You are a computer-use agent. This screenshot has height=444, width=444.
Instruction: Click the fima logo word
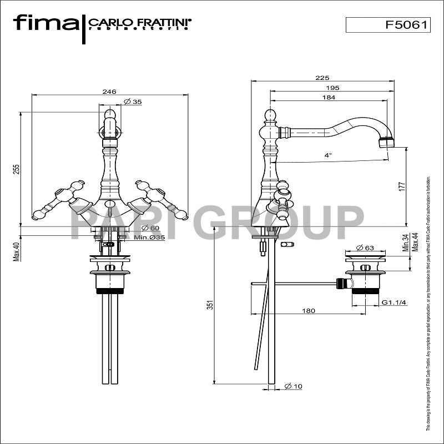tap(46, 23)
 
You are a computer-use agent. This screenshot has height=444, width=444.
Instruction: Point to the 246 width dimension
tap(109, 92)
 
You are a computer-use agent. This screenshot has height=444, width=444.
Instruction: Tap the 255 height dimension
tap(17, 168)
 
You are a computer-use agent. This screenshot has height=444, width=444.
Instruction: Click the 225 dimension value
tap(322, 78)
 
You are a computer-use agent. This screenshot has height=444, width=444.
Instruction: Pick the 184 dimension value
tap(329, 98)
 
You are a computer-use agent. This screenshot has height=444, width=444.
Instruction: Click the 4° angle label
tap(329, 156)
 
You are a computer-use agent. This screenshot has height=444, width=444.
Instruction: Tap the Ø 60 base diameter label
tap(150, 228)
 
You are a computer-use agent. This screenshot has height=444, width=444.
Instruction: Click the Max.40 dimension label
tap(17, 250)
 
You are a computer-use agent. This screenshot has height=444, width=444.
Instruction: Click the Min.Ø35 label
tap(149, 238)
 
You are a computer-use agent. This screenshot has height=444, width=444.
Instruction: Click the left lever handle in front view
tap(56, 201)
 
